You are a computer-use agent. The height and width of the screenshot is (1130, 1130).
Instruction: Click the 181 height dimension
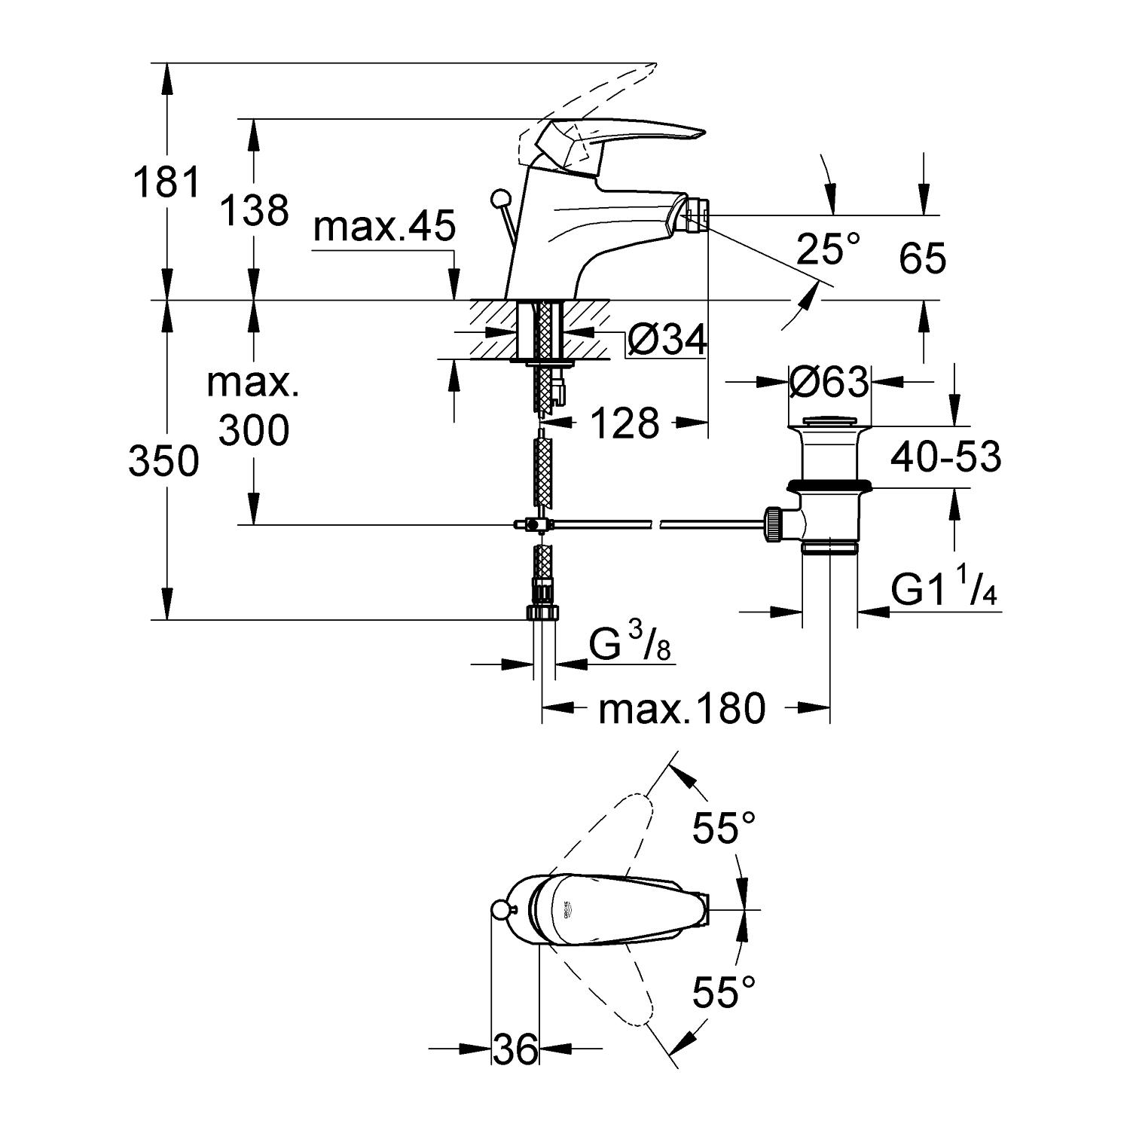(x=167, y=183)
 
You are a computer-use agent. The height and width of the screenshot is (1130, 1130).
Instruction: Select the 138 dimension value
(x=255, y=210)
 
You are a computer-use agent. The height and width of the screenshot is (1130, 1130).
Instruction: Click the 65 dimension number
(x=922, y=260)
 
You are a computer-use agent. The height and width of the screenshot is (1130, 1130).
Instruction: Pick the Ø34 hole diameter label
(x=667, y=341)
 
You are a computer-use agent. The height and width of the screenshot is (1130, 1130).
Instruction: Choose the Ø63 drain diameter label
(x=829, y=383)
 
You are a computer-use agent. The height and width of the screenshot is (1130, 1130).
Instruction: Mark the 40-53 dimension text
(x=946, y=457)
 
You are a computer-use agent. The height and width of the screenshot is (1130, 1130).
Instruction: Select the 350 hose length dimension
(x=164, y=461)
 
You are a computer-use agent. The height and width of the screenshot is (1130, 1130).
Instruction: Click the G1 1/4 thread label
(x=943, y=590)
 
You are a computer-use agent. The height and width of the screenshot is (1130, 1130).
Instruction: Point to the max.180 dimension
(x=682, y=708)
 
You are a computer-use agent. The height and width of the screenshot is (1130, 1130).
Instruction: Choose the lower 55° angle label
(x=724, y=992)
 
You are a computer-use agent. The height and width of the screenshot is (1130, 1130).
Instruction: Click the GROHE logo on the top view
(x=567, y=911)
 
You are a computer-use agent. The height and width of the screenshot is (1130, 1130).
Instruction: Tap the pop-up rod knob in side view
(x=498, y=200)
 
